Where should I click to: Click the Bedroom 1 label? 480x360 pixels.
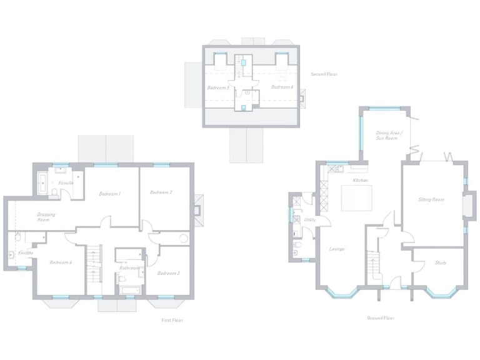pyautogui.click(x=110, y=194)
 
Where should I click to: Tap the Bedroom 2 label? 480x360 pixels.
pyautogui.click(x=161, y=192)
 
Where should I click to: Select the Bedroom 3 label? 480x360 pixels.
pyautogui.click(x=168, y=273)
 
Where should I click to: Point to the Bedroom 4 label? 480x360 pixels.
pyautogui.click(x=61, y=262)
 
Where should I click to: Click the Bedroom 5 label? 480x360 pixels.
pyautogui.click(x=217, y=87)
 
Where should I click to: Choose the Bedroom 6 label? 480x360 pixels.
pyautogui.click(x=282, y=87)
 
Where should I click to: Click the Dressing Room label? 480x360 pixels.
pyautogui.click(x=46, y=217)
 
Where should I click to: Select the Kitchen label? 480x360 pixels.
pyautogui.click(x=361, y=181)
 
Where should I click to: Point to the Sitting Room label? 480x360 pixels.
pyautogui.click(x=431, y=199)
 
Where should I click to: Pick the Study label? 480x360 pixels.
pyautogui.click(x=441, y=262)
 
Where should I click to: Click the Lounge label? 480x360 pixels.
pyautogui.click(x=337, y=249)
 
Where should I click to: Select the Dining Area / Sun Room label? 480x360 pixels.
pyautogui.click(x=389, y=136)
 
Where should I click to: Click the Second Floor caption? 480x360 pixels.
pyautogui.click(x=324, y=74)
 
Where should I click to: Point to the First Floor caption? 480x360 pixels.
pyautogui.click(x=172, y=320)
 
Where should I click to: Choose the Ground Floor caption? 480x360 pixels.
pyautogui.click(x=381, y=318)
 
